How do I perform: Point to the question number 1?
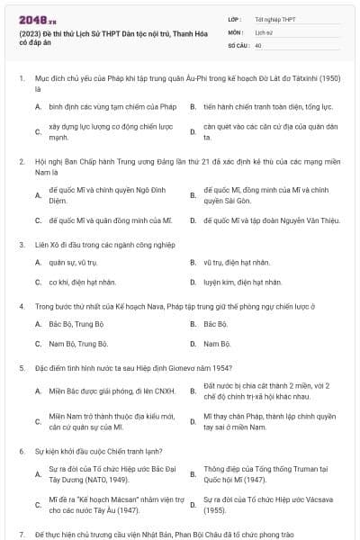(21, 79)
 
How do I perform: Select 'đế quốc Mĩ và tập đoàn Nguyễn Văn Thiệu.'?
(267, 220)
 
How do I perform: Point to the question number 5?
(21, 368)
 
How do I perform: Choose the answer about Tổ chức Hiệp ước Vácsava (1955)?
(263, 504)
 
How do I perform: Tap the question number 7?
(21, 534)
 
